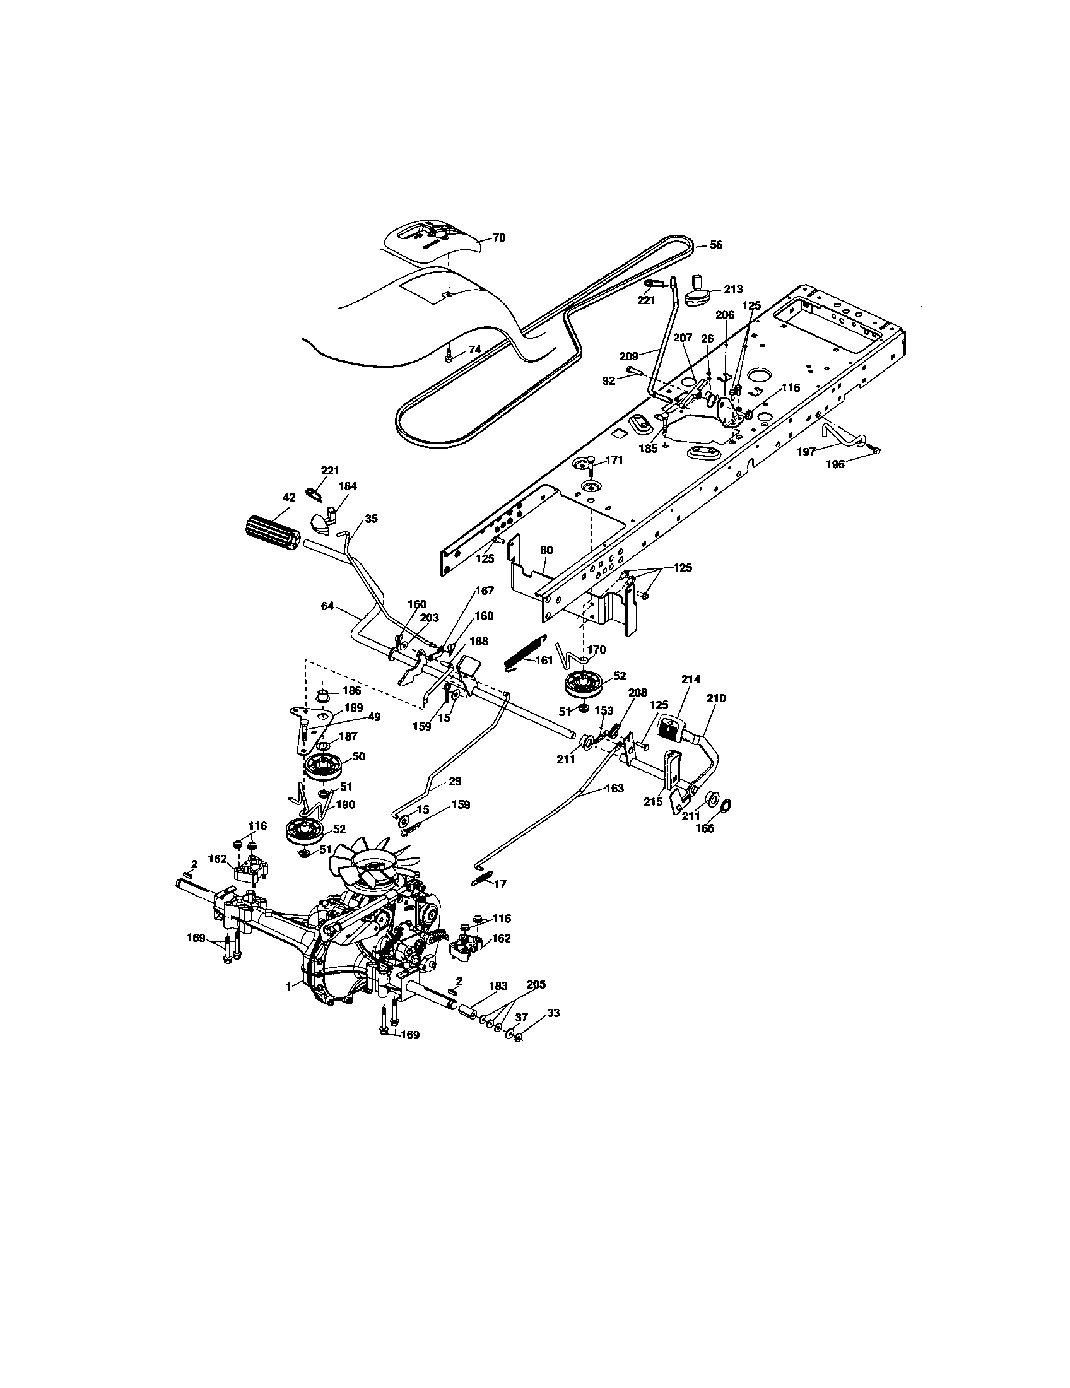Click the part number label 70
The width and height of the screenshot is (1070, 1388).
(499, 237)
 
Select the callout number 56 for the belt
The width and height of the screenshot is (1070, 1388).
(715, 245)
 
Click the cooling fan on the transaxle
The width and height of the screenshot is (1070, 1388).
(375, 867)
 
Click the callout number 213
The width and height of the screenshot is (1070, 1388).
(732, 289)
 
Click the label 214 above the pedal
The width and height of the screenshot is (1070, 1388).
(691, 679)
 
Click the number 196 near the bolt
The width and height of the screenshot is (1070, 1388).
(835, 464)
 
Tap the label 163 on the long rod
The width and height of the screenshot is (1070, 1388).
(614, 788)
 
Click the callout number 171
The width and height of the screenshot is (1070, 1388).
(614, 459)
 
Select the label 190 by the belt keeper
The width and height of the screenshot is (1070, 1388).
(346, 804)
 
